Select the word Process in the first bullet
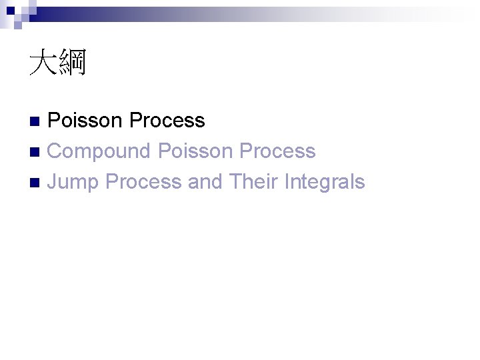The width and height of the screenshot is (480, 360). pos(167,121)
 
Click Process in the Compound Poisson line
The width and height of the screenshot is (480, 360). pos(277,151)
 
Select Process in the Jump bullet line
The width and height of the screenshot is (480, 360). pos(143,182)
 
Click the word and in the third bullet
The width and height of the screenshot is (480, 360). pos(205,182)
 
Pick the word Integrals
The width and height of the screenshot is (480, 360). pos(324,182)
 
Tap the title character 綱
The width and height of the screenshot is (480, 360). pos(73,64)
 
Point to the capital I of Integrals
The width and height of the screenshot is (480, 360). pos(287,182)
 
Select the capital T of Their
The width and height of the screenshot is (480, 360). pos(234,182)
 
